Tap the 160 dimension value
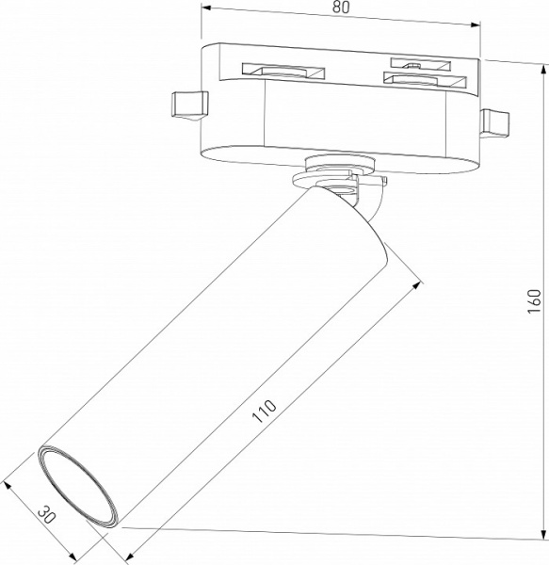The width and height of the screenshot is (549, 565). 535,299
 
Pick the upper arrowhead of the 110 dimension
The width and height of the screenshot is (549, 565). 415,282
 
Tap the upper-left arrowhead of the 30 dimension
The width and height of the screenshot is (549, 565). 8,486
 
